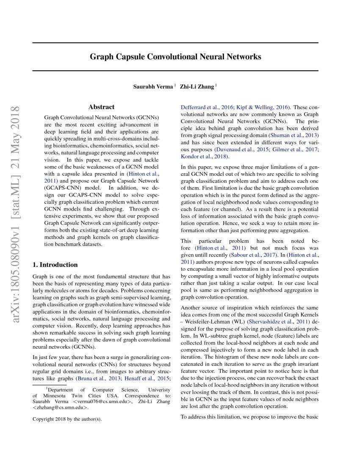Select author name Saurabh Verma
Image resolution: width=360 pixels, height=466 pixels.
[x=153, y=86]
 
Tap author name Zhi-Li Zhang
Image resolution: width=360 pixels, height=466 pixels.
[x=197, y=86]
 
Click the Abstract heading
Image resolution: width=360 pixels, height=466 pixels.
[x=101, y=107]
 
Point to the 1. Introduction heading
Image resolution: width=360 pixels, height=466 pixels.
[x=55, y=265]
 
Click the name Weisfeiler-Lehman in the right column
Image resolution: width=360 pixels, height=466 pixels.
[x=206, y=322]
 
